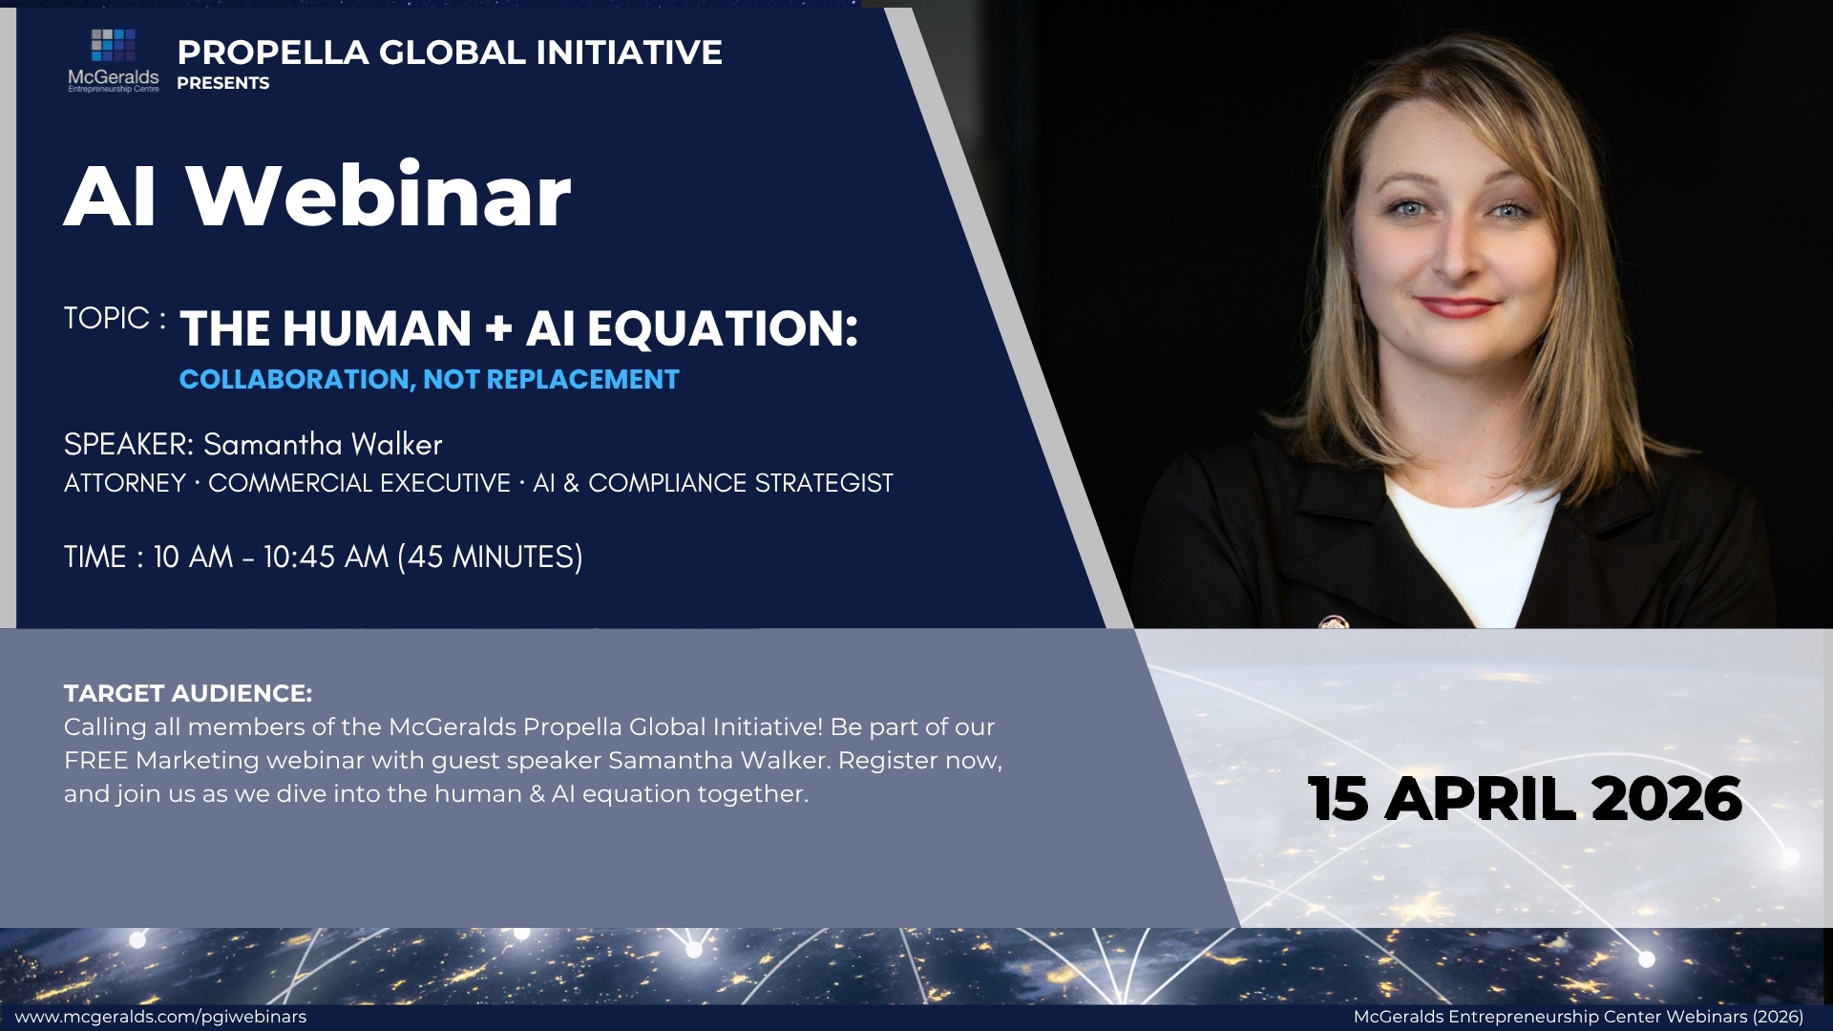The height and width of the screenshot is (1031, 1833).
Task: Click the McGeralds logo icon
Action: (x=113, y=45)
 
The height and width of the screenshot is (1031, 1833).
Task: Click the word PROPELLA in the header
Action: (x=273, y=53)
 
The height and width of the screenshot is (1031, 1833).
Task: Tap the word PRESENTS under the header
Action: (x=223, y=83)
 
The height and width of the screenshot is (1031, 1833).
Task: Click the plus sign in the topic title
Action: (x=498, y=328)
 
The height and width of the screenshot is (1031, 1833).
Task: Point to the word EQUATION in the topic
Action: (x=723, y=328)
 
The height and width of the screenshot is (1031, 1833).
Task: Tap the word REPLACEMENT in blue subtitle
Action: (x=582, y=380)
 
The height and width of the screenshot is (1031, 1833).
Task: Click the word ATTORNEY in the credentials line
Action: (x=125, y=483)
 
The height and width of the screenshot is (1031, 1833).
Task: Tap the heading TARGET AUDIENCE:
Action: (x=188, y=693)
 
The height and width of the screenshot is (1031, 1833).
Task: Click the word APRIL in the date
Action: (x=1481, y=799)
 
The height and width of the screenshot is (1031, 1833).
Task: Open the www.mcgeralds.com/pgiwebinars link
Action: (x=160, y=1017)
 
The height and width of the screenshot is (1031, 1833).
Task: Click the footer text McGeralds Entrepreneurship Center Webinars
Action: (x=1542, y=1017)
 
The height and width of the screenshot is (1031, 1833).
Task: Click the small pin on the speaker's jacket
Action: (x=1333, y=622)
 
